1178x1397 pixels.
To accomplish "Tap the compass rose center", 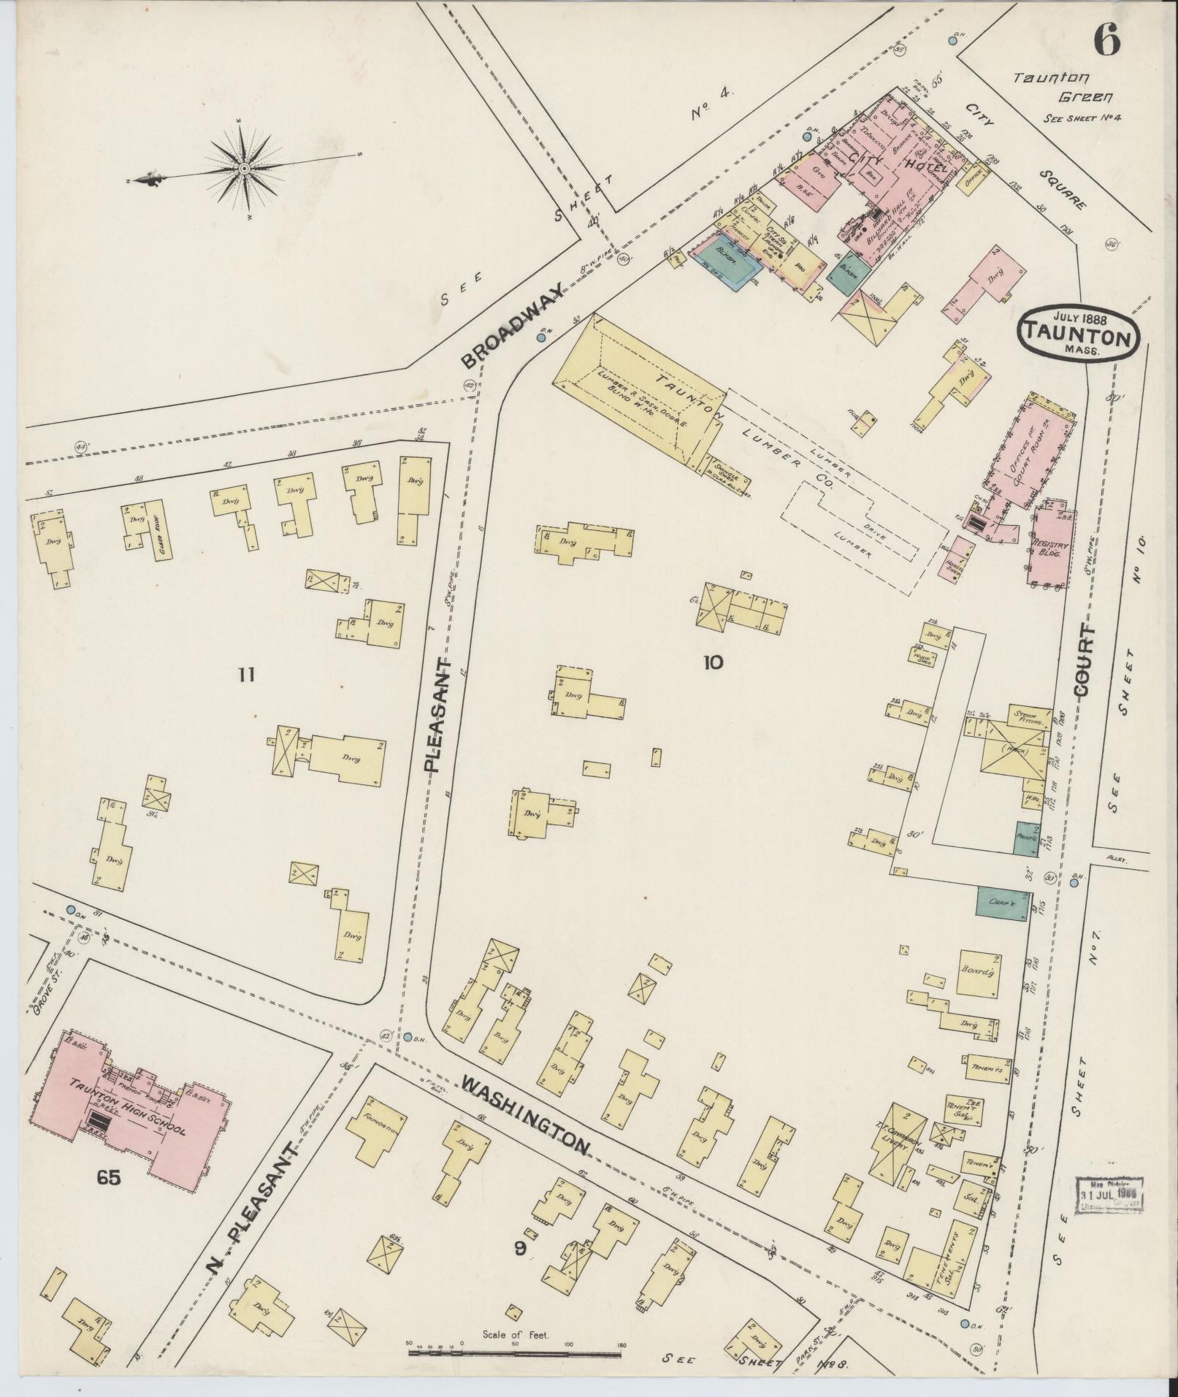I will tap(244, 168).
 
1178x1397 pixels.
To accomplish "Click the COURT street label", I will tap(1084, 660).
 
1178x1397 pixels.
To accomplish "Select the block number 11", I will tap(246, 675).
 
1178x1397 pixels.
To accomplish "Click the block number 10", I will tap(713, 662).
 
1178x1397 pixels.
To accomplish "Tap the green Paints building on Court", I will tap(1027, 839).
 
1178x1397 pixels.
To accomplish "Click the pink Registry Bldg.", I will tap(1051, 548).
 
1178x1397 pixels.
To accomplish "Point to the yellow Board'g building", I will tap(979, 972).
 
